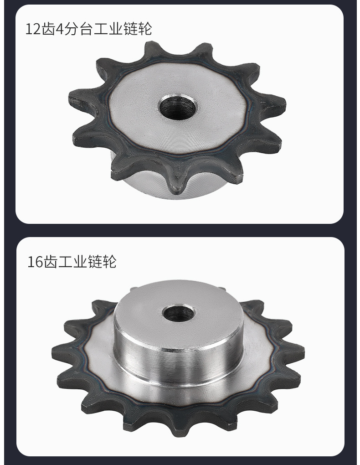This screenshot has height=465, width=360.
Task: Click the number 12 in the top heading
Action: coord(33,29)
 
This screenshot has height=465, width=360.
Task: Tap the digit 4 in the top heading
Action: coord(60,29)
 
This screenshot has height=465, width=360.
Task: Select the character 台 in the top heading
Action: coord(87,29)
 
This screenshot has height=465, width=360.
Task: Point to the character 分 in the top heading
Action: coord(72,29)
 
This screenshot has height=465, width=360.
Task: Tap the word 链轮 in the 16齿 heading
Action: coord(103,262)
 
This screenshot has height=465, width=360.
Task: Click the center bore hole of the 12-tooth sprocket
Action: coord(178,107)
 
